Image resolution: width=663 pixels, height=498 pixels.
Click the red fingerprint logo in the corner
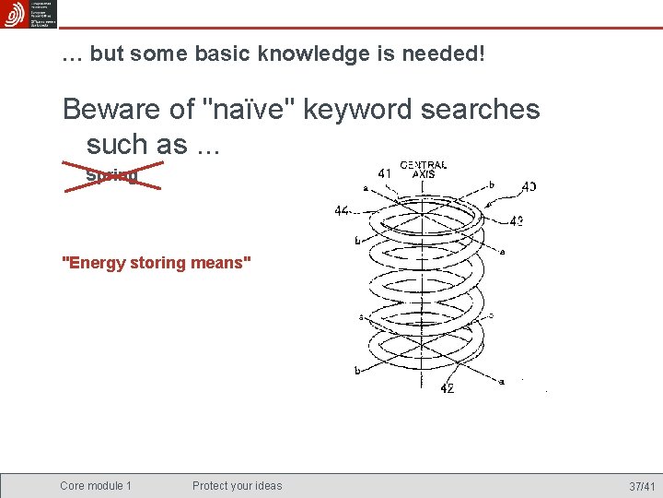click(x=14, y=14)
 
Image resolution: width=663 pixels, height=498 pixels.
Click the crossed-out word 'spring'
click(x=111, y=174)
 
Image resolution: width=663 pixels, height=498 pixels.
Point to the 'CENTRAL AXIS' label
click(x=424, y=170)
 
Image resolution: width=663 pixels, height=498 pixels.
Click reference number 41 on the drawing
click(x=385, y=172)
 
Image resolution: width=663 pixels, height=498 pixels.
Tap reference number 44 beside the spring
click(x=343, y=211)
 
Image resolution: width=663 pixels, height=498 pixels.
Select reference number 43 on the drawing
click(x=517, y=221)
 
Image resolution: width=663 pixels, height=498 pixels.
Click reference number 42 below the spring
click(x=447, y=388)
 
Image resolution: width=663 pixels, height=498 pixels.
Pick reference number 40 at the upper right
click(x=529, y=186)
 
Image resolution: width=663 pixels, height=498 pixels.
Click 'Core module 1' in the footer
click(x=96, y=486)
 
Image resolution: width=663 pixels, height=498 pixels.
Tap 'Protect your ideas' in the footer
click(x=238, y=486)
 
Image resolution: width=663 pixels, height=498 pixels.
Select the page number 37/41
click(x=642, y=486)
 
